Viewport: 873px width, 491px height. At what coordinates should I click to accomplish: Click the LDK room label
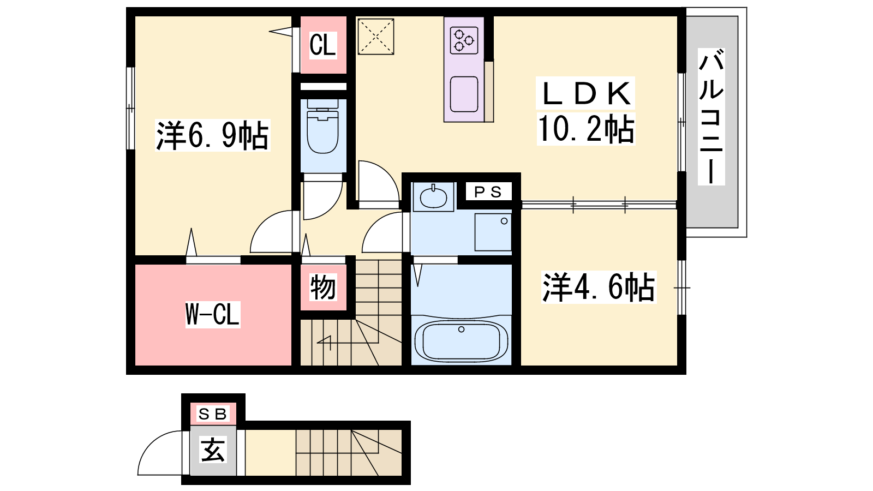[x=585, y=93]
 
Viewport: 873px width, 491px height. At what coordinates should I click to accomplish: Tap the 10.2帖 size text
[x=586, y=129]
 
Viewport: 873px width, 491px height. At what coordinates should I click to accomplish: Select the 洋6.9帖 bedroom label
[x=212, y=135]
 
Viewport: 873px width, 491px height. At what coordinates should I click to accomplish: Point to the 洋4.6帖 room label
[x=599, y=287]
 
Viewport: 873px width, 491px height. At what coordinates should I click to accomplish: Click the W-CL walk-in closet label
[x=212, y=314]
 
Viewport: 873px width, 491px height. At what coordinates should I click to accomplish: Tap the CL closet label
[x=322, y=45]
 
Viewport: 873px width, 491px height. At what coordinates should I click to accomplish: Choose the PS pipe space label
[x=488, y=191]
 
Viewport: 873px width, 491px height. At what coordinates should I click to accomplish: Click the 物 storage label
[x=322, y=288]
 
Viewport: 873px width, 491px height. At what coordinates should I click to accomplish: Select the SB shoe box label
[x=212, y=414]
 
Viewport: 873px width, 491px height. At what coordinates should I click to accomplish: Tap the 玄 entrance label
[x=213, y=450]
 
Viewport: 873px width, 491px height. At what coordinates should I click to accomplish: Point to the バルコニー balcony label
[x=711, y=117]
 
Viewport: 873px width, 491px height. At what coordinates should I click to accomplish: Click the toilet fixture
[x=322, y=127]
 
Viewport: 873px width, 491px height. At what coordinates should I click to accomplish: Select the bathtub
[x=462, y=342]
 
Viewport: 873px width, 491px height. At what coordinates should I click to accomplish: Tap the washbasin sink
[x=433, y=197]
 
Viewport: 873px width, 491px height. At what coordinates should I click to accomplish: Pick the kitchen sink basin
[x=464, y=94]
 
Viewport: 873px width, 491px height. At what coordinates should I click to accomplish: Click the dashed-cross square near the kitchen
[x=376, y=37]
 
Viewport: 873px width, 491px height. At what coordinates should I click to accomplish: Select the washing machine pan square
[x=493, y=232]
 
